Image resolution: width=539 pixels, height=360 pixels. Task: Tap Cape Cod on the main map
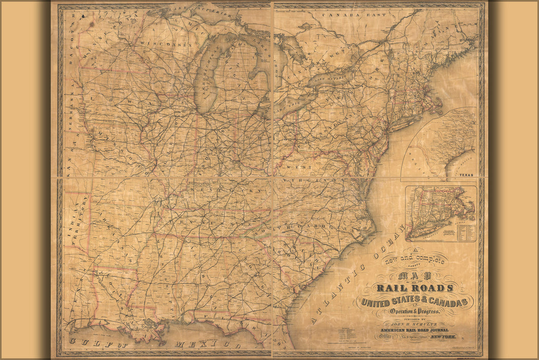[437, 106]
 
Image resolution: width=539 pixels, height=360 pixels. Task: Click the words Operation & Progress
[415, 312]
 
